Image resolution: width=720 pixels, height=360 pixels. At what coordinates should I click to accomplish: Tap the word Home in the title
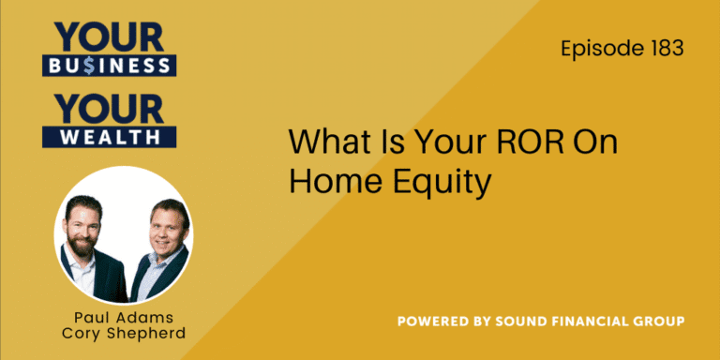coord(328,182)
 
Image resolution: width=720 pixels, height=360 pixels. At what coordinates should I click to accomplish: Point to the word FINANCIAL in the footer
coord(597,322)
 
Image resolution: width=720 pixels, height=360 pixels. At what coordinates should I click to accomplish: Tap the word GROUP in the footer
coord(664,322)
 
